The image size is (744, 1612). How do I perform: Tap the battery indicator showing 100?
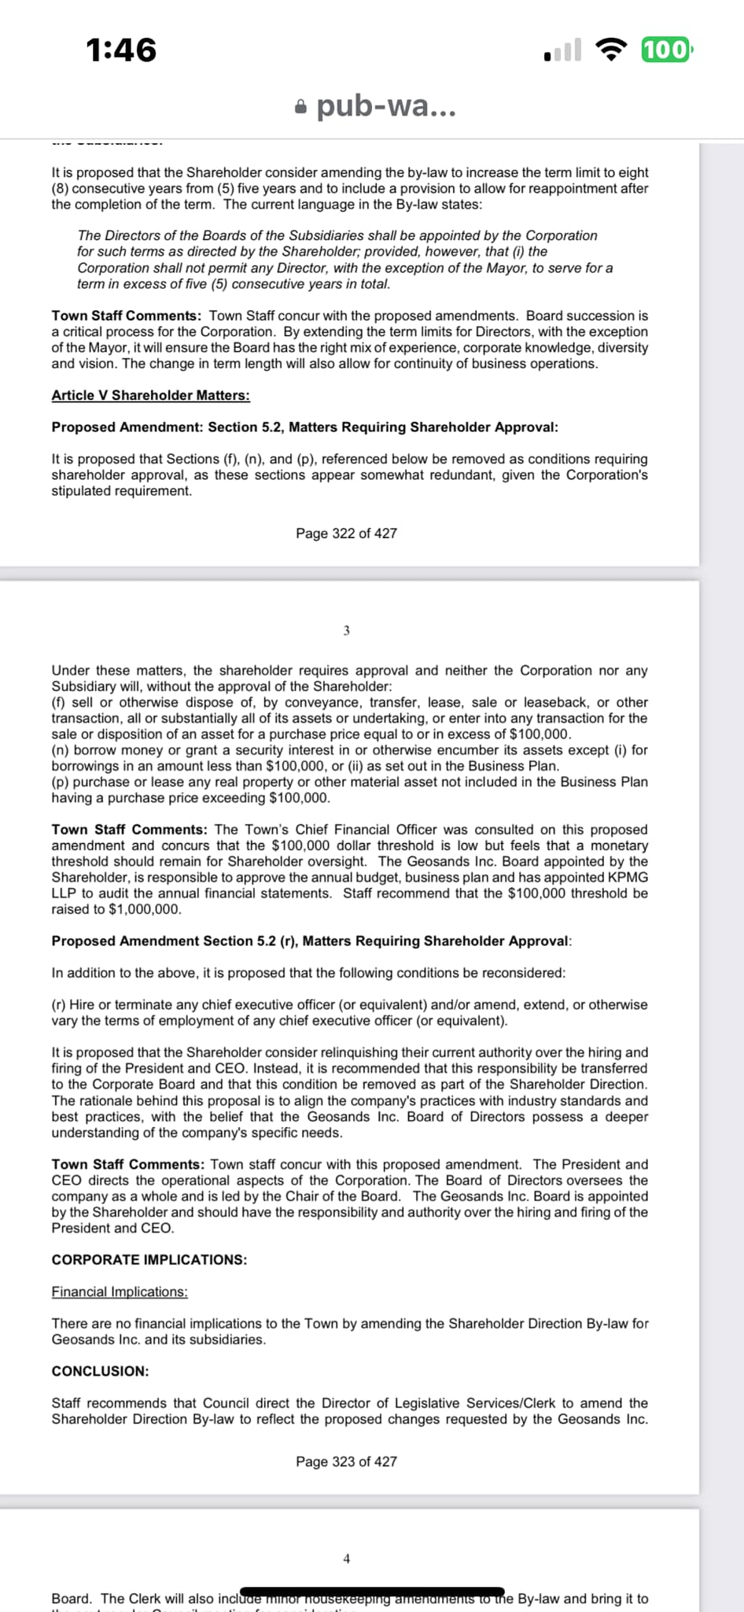(666, 50)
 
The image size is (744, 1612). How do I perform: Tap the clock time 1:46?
(121, 50)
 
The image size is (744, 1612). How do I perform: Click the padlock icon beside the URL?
(300, 106)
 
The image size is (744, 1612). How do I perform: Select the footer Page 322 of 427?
(346, 534)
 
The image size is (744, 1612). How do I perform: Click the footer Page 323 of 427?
(346, 1462)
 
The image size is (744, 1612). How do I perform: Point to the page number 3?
(346, 630)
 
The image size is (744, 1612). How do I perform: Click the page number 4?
(346, 1558)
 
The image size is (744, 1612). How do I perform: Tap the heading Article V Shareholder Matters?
(150, 395)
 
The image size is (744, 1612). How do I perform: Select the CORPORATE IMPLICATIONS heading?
(149, 1259)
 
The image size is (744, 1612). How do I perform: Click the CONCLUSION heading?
(100, 1371)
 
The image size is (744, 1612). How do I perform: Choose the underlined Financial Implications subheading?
(120, 1292)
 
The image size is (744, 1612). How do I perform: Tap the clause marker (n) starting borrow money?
(60, 750)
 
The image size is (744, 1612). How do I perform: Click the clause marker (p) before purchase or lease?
(60, 782)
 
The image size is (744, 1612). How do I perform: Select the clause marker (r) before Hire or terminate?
(59, 1005)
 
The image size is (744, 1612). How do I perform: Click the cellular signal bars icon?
(562, 50)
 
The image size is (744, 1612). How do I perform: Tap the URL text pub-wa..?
(385, 105)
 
